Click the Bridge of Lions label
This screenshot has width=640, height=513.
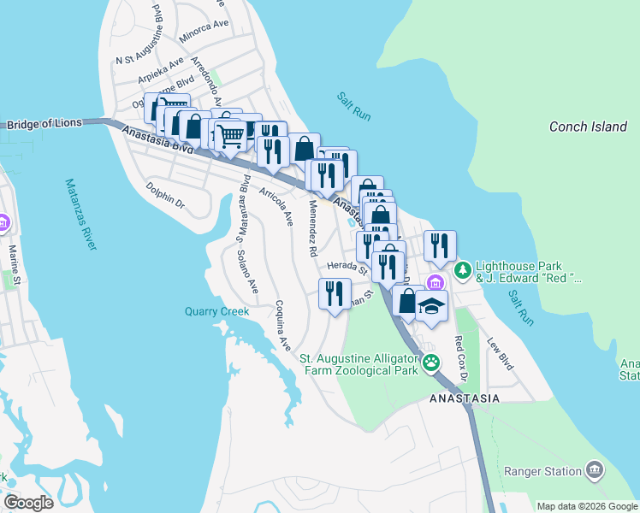click(x=44, y=123)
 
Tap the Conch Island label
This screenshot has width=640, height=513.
click(x=588, y=127)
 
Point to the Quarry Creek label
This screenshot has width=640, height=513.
click(x=217, y=311)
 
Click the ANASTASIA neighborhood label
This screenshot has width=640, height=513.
click(x=464, y=398)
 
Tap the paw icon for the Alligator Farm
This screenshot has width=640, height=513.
click(x=432, y=363)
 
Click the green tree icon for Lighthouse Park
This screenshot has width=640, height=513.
click(x=463, y=271)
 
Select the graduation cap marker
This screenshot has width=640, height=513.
click(x=432, y=305)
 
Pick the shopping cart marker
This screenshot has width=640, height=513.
click(x=229, y=136)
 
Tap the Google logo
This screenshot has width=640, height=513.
click(x=28, y=503)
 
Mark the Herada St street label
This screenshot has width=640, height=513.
click(x=344, y=267)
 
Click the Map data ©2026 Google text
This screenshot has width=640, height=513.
click(x=586, y=505)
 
